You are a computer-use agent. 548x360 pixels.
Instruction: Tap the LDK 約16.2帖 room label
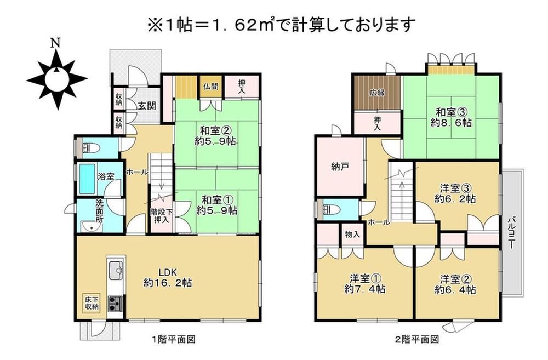pyautogui.click(x=168, y=277)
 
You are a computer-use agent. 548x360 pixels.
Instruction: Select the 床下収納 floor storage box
pyautogui.click(x=91, y=303)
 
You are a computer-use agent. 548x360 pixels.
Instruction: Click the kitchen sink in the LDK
pyautogui.click(x=116, y=270)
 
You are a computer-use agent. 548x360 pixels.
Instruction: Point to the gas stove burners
pyautogui.click(x=115, y=304)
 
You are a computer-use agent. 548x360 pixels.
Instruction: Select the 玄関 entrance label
pyautogui.click(x=147, y=106)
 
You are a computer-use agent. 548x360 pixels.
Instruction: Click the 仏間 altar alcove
pyautogui.click(x=211, y=87)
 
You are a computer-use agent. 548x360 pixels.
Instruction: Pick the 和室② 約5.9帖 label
pyautogui.click(x=215, y=136)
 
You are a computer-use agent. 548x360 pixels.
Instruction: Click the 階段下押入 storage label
pyautogui.click(x=162, y=216)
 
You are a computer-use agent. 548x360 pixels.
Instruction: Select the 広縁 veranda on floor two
pyautogui.click(x=378, y=93)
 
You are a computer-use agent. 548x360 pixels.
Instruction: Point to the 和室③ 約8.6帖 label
pyautogui.click(x=452, y=117)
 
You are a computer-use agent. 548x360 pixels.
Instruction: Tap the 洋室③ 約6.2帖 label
pyautogui.click(x=455, y=194)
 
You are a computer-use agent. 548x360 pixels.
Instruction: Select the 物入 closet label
pyautogui.click(x=352, y=234)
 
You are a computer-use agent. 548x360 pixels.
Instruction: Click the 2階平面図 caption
pyautogui.click(x=416, y=339)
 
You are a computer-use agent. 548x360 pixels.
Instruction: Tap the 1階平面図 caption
pyautogui.click(x=173, y=339)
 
